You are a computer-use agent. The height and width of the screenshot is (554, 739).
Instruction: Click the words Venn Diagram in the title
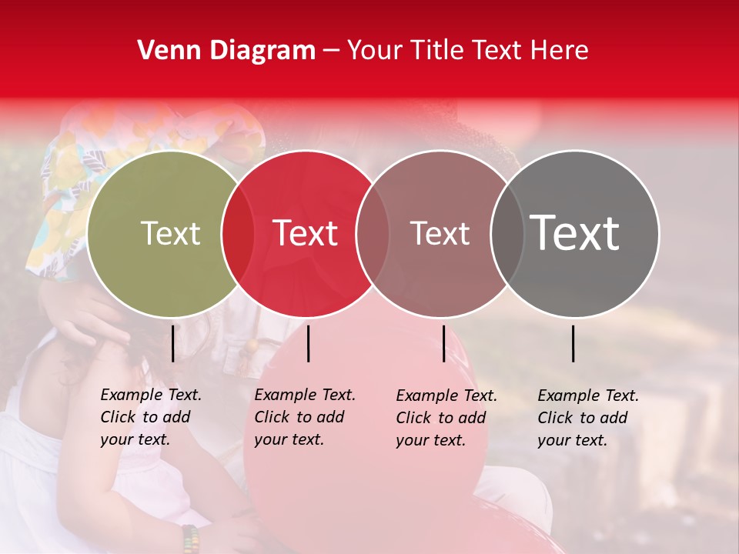click(226, 51)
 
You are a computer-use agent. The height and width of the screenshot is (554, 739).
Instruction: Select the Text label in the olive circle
click(170, 233)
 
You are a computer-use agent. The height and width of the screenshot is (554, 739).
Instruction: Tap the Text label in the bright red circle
click(305, 233)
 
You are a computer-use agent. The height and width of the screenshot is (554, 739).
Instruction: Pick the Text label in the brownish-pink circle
click(440, 233)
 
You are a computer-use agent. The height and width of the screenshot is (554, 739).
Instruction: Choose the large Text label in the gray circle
click(575, 233)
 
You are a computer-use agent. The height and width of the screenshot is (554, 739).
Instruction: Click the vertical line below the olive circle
click(172, 343)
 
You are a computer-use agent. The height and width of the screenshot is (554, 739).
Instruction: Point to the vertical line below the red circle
click(308, 343)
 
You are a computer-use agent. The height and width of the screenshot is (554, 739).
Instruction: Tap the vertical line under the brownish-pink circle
click(443, 343)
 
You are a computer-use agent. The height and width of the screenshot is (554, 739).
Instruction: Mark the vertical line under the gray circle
click(573, 343)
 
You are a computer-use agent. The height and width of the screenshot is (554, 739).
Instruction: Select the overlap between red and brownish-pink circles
click(372, 233)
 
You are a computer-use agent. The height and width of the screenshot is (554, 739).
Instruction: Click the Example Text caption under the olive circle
click(150, 417)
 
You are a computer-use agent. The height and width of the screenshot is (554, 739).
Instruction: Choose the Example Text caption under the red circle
click(304, 417)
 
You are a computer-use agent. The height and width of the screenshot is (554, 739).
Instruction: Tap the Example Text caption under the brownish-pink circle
click(446, 418)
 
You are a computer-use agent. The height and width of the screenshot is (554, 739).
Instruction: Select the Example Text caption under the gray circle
click(587, 418)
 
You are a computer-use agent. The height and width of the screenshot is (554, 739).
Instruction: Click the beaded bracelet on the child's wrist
click(190, 539)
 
